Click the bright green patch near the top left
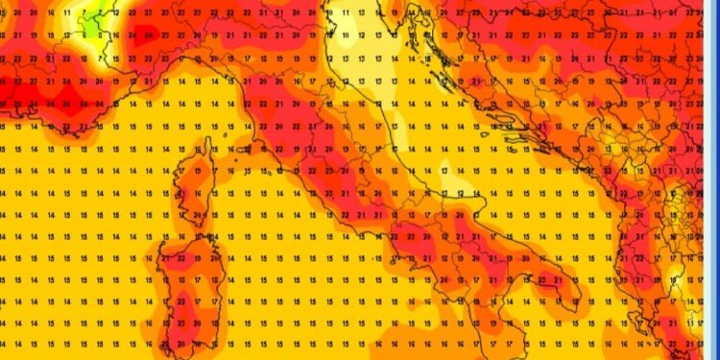[94, 21]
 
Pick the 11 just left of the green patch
[67, 14]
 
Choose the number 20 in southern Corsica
[198, 213]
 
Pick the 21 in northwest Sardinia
[165, 257]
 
